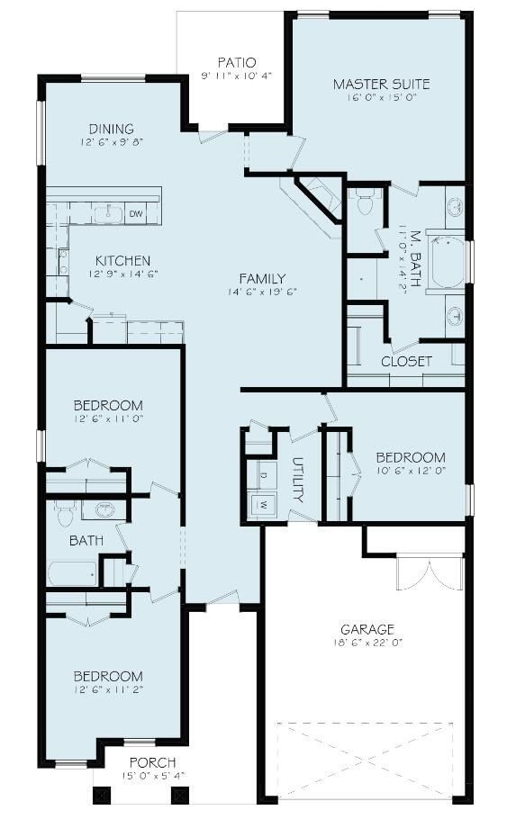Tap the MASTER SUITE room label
point(381,85)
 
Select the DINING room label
point(112,129)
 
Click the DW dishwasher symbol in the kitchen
point(136,213)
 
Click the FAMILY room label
point(262,278)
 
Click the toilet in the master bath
point(365,204)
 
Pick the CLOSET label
point(406,361)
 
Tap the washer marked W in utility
point(265,505)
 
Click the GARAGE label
point(367,629)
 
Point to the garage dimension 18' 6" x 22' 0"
point(367,643)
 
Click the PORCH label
point(151,763)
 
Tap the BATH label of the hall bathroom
point(86,541)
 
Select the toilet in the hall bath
point(63,514)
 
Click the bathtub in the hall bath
point(72,573)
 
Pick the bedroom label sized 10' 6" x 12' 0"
point(410,457)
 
